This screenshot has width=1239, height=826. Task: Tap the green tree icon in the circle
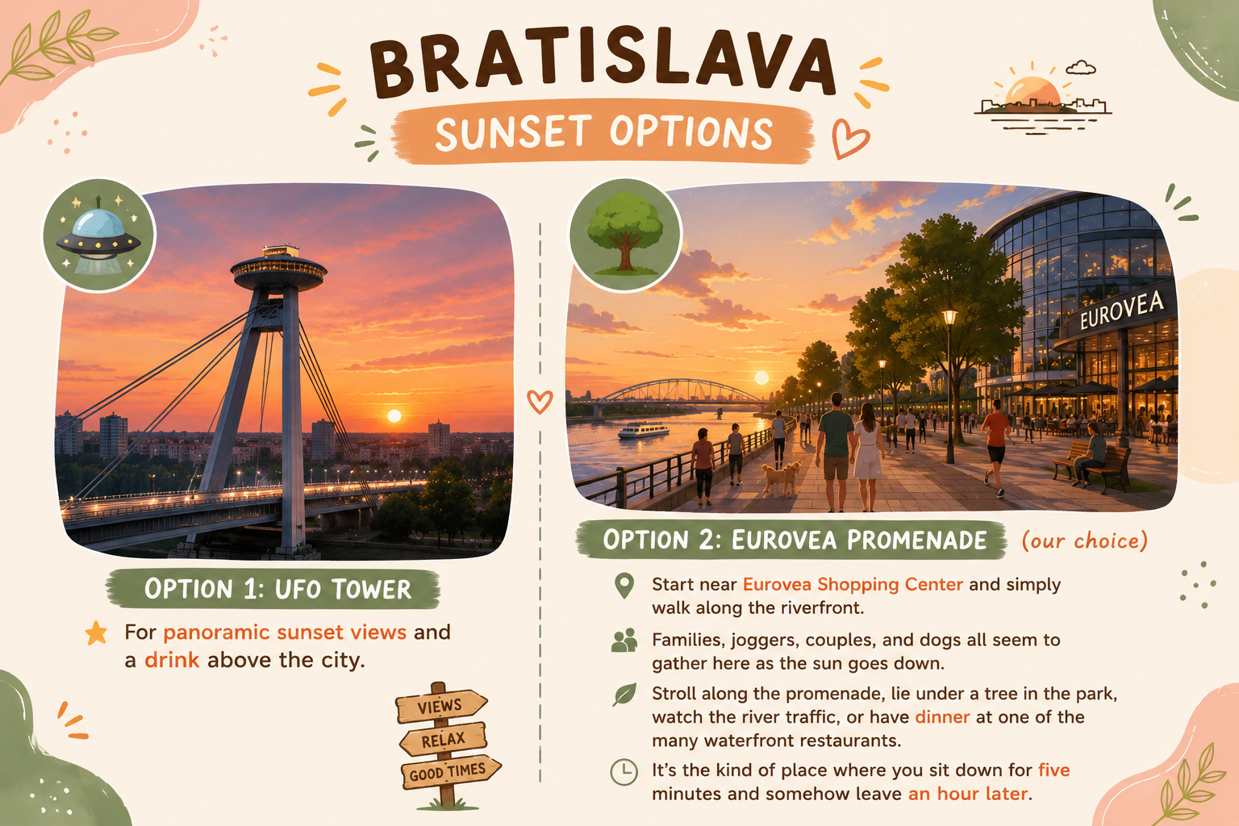[625, 233]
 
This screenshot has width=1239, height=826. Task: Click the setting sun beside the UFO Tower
[394, 415]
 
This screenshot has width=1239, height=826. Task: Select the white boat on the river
[643, 430]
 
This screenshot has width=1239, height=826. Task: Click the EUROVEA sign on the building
[1122, 311]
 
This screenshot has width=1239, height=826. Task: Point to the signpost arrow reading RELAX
[443, 739]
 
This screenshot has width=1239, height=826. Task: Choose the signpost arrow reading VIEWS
[441, 706]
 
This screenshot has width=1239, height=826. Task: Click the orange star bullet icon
[96, 633]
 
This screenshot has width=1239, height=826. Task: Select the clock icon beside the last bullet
[624, 771]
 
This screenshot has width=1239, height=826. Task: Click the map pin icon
[624, 586]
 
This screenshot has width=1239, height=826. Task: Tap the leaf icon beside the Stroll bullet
[624, 695]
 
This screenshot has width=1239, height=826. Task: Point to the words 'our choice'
[1085, 540]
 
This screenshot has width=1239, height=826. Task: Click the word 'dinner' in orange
[942, 717]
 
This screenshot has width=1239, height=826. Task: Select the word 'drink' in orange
[172, 660]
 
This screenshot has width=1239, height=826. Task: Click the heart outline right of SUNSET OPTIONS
[850, 139]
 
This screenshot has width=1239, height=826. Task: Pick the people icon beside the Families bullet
[624, 640]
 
